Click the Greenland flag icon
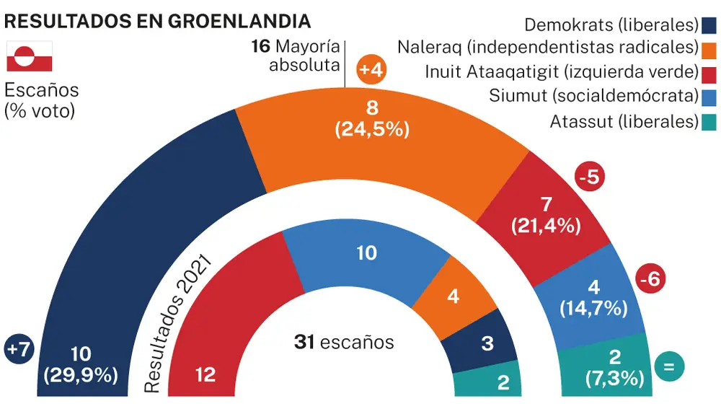coord(29,57)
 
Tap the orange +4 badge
coord(373,71)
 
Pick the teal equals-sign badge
coord(668,367)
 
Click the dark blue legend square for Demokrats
coord(709,26)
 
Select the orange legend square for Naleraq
coord(709,49)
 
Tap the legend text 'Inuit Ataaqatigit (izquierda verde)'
coord(561,72)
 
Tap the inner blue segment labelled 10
coord(366,260)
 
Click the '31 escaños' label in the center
coord(344,342)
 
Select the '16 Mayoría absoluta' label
coord(296,57)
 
